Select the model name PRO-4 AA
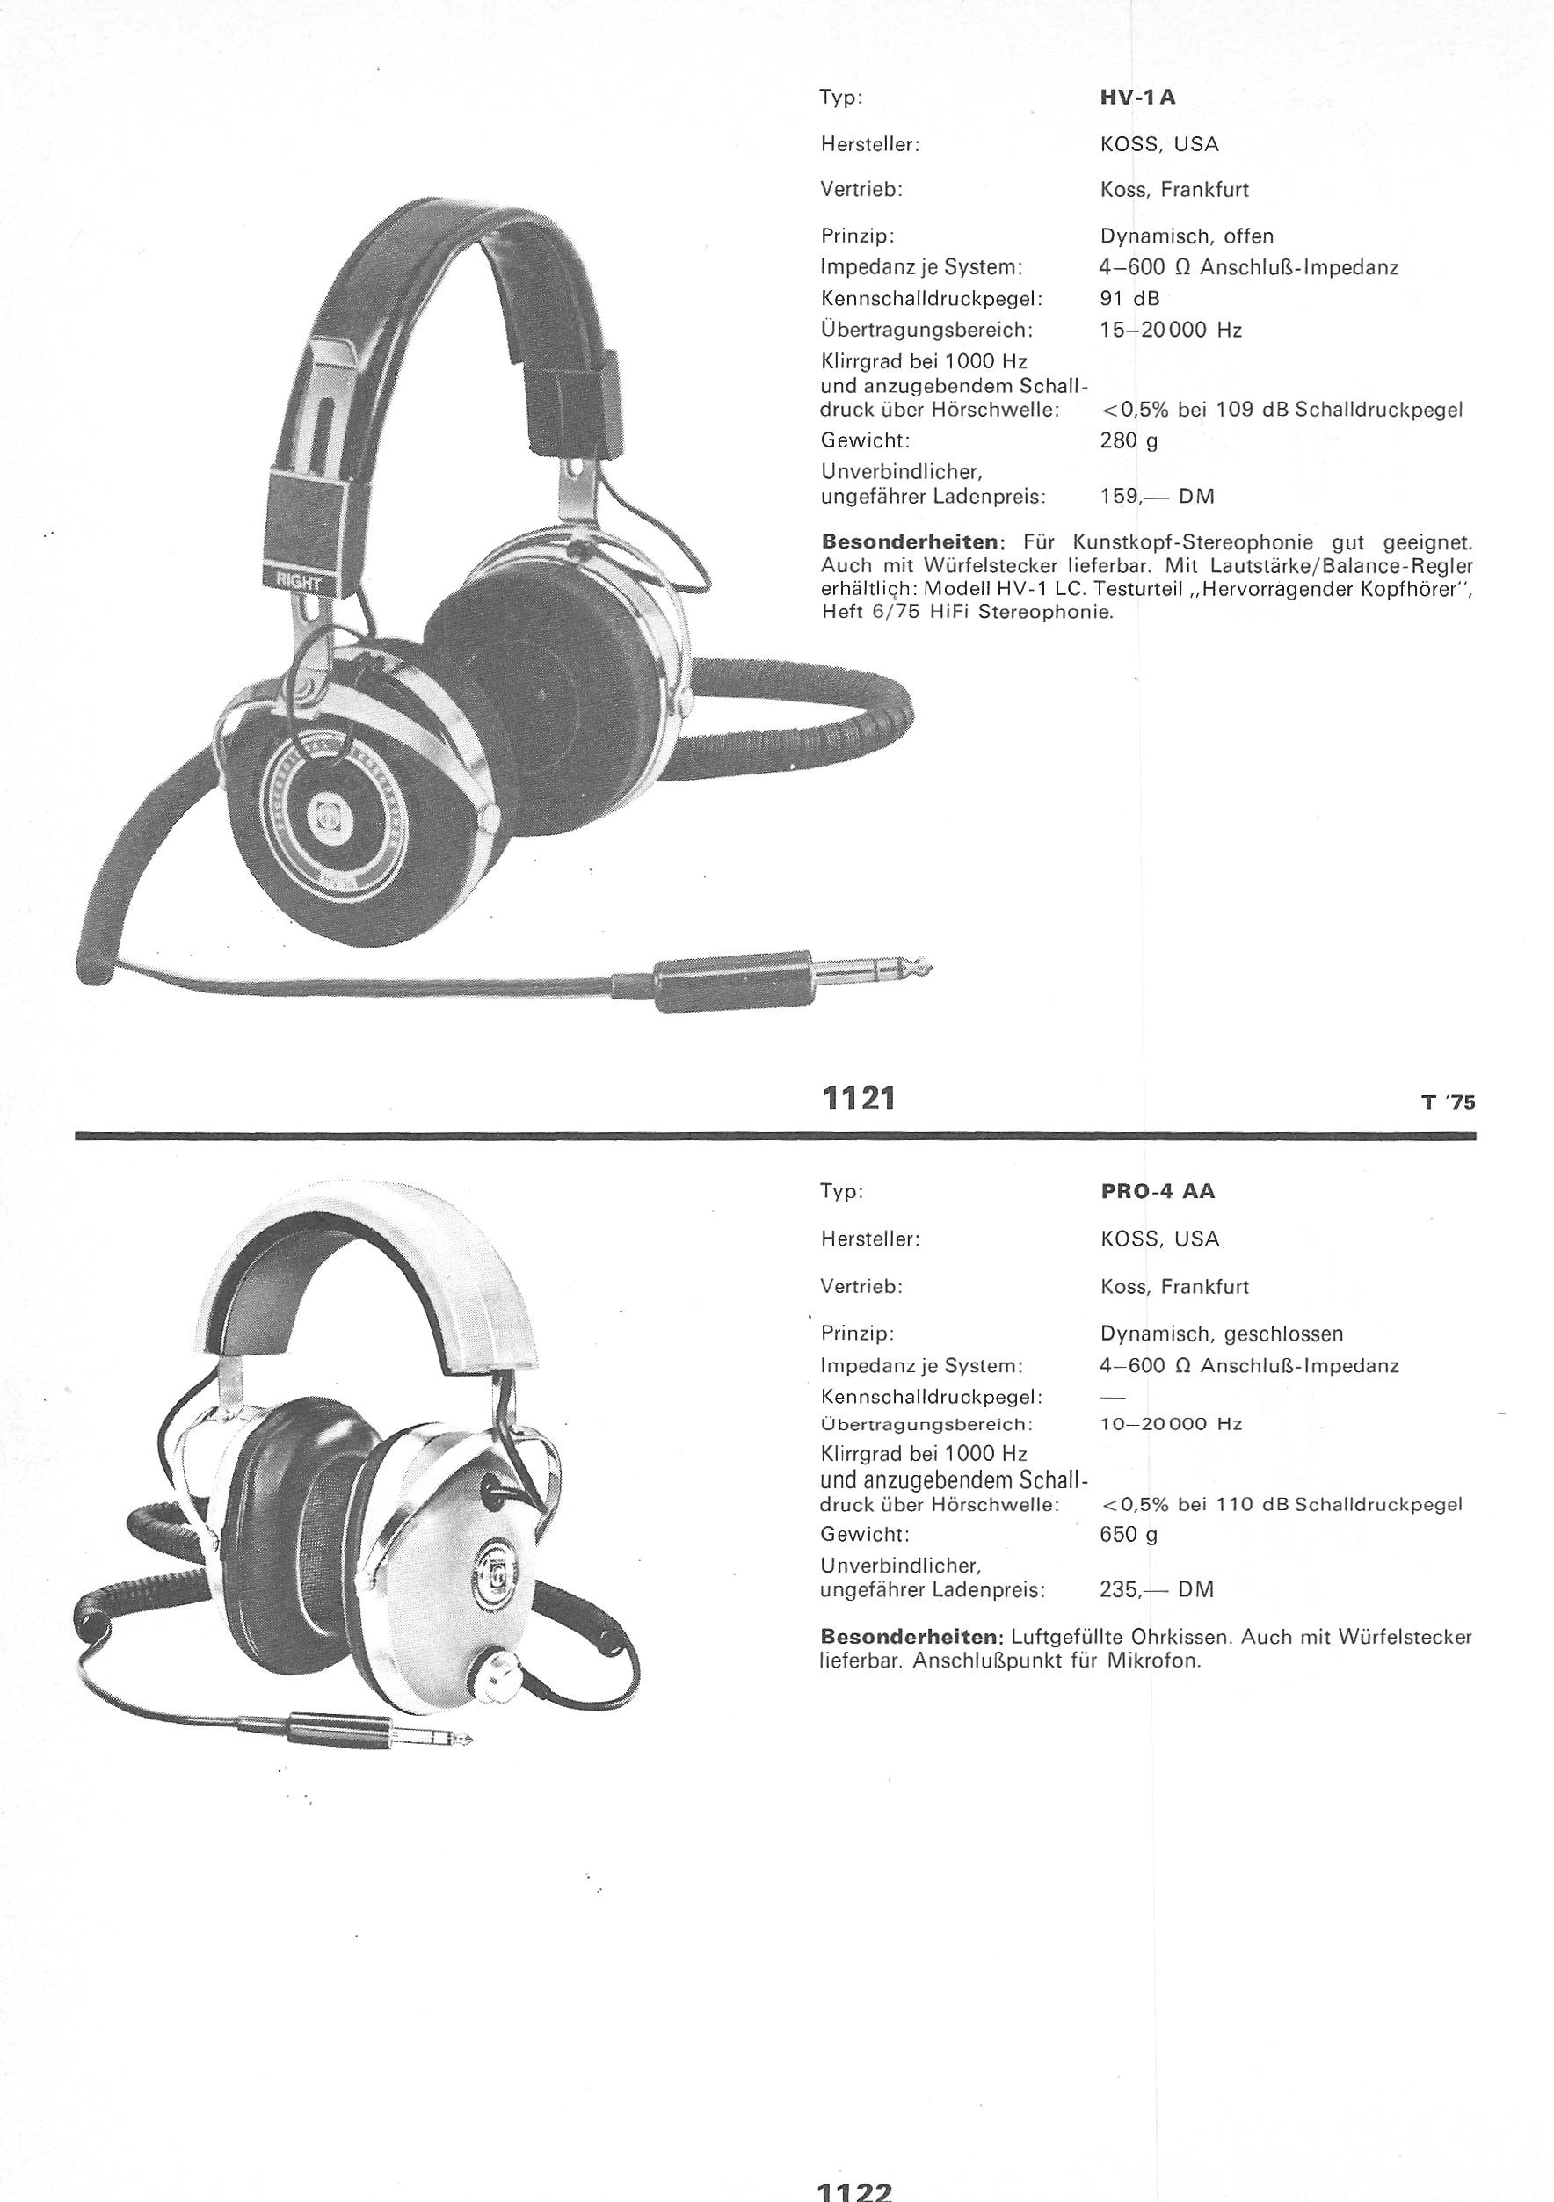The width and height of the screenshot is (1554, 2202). [x=1158, y=1191]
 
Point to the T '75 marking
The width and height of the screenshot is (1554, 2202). [x=1449, y=1103]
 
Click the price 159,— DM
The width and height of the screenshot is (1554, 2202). [x=1157, y=497]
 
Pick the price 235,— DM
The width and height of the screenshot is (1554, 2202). [x=1157, y=1589]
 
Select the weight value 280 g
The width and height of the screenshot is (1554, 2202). [x=1129, y=441]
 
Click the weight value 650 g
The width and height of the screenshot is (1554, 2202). [x=1129, y=1535]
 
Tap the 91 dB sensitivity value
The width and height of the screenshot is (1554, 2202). [x=1130, y=298]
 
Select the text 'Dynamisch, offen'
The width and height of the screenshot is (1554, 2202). [x=1187, y=236]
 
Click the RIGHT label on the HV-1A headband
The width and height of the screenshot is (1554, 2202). [x=298, y=581]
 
